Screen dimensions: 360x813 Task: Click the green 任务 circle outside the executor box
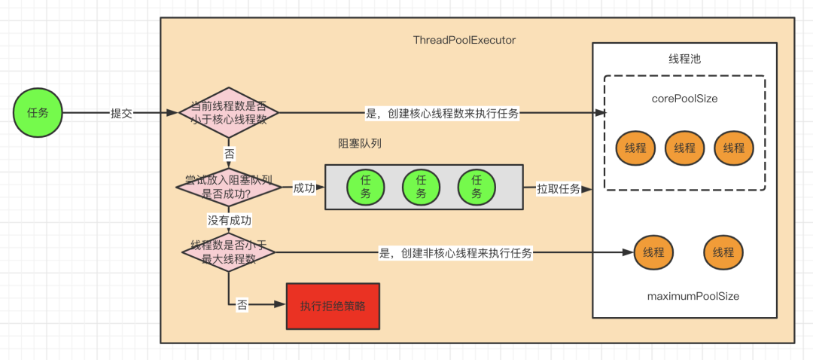38,113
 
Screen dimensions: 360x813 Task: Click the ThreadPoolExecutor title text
464,40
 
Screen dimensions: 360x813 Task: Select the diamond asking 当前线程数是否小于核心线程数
228,114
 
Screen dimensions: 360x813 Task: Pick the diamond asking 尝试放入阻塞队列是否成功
229,188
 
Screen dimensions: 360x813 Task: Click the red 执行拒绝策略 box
333,306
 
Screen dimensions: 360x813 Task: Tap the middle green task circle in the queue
421,187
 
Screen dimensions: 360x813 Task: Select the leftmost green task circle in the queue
366,187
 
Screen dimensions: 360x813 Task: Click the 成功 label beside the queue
304,188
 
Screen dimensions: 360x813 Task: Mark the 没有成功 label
230,220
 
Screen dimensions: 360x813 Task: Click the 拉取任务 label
558,188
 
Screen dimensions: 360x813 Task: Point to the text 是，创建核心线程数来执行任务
442,114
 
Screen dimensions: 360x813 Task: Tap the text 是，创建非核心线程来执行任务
455,254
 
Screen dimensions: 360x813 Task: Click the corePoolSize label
684,98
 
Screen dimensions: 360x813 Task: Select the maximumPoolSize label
693,296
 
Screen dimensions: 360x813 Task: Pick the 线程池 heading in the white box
684,59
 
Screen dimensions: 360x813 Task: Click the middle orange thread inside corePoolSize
684,148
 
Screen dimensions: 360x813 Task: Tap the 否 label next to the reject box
242,305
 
